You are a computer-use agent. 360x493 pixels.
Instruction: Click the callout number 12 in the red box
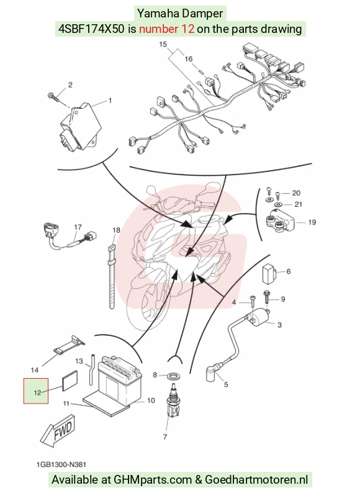click(37, 392)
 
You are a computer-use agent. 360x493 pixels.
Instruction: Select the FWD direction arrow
click(58, 430)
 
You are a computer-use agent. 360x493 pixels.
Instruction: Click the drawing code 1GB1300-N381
click(61, 464)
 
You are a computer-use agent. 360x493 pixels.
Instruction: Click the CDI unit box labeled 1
click(81, 127)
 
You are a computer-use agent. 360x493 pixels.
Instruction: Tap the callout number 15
click(163, 44)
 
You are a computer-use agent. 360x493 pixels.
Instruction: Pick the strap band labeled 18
click(111, 277)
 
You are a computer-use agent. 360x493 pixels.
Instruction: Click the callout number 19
click(312, 222)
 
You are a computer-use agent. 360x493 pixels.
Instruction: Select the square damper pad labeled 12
click(70, 381)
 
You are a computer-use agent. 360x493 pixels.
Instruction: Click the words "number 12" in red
click(166, 29)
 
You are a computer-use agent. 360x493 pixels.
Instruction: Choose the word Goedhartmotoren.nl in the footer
click(256, 480)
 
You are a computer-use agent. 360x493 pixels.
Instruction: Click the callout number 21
click(298, 204)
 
